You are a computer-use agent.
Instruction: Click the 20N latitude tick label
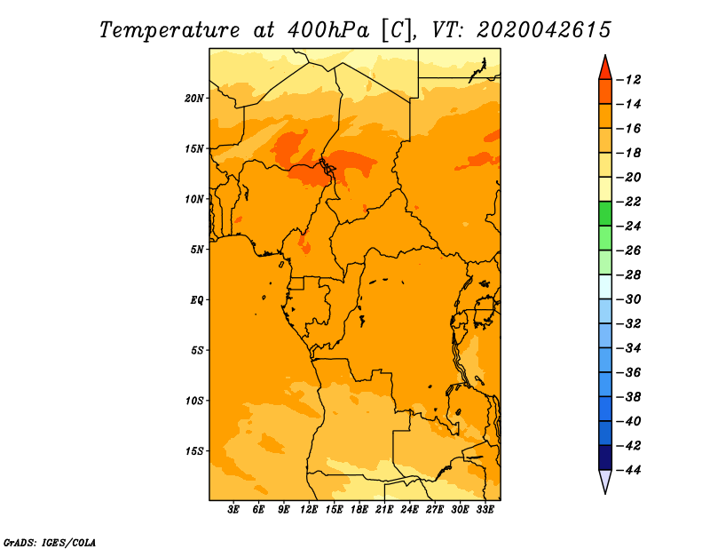tap(194, 98)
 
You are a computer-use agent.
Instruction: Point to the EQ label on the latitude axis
tap(196, 299)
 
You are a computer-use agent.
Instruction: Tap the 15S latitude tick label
tap(194, 450)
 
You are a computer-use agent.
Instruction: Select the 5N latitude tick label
tap(197, 250)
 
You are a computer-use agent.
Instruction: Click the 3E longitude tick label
tap(234, 510)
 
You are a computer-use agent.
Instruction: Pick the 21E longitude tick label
tap(384, 510)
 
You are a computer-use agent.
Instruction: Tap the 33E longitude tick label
tap(484, 510)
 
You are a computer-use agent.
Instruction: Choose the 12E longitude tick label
tap(309, 510)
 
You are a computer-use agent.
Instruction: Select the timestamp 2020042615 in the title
tap(543, 29)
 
